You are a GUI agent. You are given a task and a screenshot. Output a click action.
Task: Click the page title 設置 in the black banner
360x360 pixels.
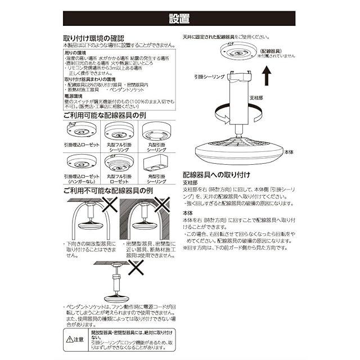(180, 19)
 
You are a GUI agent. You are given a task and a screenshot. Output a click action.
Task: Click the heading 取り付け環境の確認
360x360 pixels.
(97, 38)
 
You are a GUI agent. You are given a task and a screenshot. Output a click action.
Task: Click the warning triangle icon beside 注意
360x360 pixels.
(70, 339)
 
